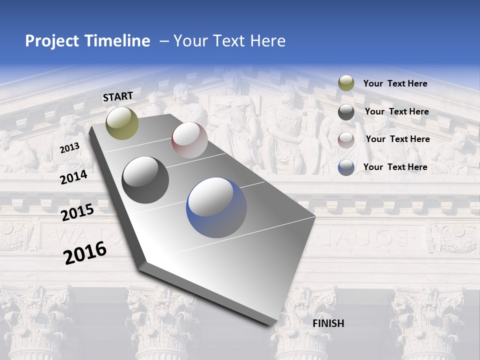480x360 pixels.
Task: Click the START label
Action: pos(118,96)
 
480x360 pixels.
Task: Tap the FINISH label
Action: pos(328,323)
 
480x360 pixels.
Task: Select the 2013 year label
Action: pos(70,147)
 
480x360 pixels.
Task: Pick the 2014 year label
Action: pos(74,177)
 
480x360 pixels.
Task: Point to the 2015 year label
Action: pos(77,212)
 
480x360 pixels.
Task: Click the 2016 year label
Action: pos(85,253)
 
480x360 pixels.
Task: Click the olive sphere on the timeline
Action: pos(122,123)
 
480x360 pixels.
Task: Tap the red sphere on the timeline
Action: pos(189,140)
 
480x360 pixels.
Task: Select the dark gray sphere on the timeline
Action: pos(145,180)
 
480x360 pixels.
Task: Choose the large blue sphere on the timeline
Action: pos(216,207)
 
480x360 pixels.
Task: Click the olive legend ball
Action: pos(346,83)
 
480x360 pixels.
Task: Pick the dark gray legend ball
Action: pos(346,112)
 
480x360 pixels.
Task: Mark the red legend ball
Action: pos(346,139)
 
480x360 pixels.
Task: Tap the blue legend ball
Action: pos(346,167)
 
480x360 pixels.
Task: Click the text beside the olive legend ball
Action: pos(395,84)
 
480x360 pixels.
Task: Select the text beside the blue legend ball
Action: pos(395,167)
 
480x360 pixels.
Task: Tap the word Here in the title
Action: pos(268,41)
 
